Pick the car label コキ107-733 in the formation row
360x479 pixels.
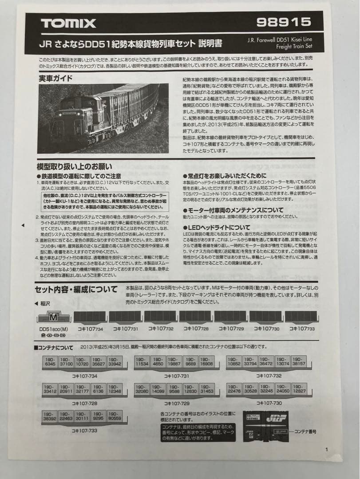[x=302, y=329]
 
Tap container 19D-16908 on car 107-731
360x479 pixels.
[x=206, y=362]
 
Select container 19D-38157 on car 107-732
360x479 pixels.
[x=298, y=361]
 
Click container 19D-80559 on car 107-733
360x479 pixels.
[x=115, y=416]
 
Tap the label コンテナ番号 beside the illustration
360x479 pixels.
[x=305, y=430]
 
